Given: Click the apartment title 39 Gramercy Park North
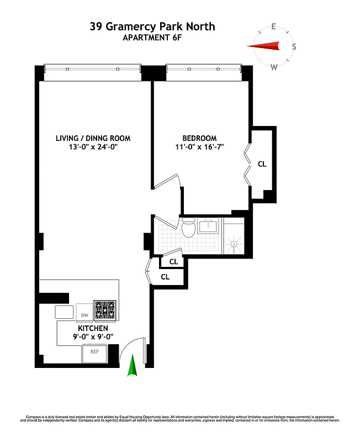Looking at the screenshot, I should tap(152, 27).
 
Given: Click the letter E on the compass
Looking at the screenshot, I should tap(274, 26).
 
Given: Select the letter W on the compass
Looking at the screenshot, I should tap(274, 67).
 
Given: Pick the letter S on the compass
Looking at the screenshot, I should tap(294, 46).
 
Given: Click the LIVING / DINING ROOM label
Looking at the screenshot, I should tap(93, 138).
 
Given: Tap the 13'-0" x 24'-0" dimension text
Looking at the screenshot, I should tap(93, 148).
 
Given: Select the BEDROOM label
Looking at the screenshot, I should tap(199, 138).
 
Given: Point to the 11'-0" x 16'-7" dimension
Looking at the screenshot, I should tap(199, 148).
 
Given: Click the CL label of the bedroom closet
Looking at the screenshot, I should tap(262, 164).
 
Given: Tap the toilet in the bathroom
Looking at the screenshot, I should tap(188, 229).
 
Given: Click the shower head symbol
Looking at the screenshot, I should tap(234, 244).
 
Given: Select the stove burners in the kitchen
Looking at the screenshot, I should tap(105, 311).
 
